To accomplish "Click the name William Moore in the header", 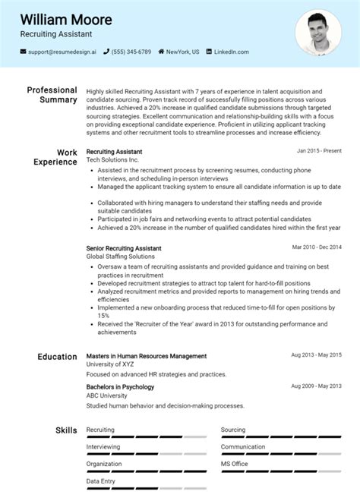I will coord(66,19).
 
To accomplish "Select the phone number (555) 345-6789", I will coord(132,52).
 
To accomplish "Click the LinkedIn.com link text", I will coord(231,52).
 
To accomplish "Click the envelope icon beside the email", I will coord(23,52).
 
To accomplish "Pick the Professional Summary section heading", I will coord(52,95).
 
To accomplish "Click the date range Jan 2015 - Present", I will coord(319,151).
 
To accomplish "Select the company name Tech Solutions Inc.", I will coord(112,161).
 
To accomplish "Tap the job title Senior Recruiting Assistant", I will coord(124,248).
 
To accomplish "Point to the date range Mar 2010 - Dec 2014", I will coord(317,247).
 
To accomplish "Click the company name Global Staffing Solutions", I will coord(121,257).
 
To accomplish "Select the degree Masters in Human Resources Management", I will coord(147,356).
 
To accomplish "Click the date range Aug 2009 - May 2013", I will coord(316,386).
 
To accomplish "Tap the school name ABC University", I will coord(107,395).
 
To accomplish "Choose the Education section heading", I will coord(57,357).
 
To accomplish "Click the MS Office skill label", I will coord(235,463).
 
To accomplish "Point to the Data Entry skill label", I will coord(101,480).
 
